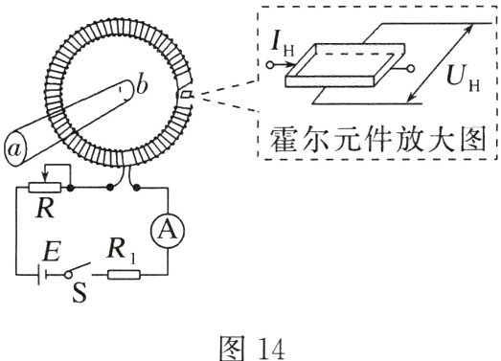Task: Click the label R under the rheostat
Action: tap(45, 210)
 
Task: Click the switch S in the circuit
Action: tap(80, 271)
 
